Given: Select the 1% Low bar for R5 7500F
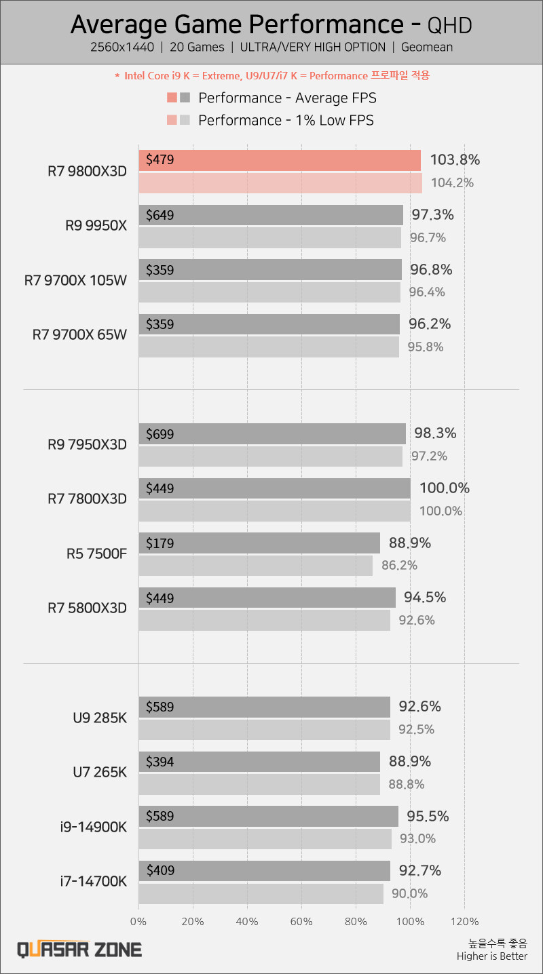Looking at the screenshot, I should click(x=255, y=566).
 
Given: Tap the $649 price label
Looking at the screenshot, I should click(x=160, y=216).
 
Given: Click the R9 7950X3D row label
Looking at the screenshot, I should click(x=87, y=445).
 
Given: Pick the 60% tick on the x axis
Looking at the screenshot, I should click(x=301, y=921).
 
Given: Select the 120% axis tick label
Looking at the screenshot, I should click(x=464, y=921).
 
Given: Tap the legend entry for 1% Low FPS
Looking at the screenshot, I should click(x=285, y=121).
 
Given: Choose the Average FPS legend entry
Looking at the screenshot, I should click(x=286, y=98).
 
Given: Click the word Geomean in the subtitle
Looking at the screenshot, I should click(x=427, y=47).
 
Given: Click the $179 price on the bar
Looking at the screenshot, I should click(x=160, y=543).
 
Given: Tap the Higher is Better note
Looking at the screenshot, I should click(x=491, y=956).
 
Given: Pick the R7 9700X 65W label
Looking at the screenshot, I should click(x=79, y=335).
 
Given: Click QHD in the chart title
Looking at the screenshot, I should click(x=449, y=26).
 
